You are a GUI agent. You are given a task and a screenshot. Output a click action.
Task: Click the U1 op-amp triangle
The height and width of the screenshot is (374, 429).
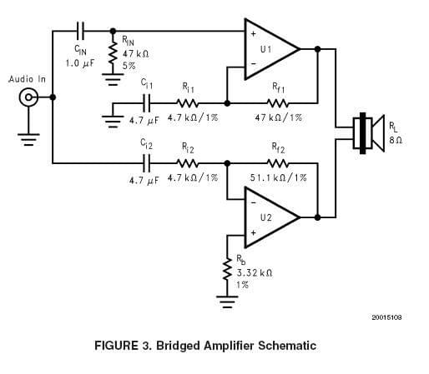(x=271, y=49)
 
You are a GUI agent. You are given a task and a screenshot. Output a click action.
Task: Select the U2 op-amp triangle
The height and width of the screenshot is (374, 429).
(x=271, y=217)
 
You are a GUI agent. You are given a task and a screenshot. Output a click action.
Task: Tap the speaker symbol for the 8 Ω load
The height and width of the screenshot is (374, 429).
(x=369, y=133)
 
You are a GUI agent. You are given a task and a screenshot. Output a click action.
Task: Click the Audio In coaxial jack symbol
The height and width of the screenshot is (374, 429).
(x=28, y=97)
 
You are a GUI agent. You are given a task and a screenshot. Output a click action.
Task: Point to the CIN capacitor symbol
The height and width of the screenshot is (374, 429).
(x=81, y=31)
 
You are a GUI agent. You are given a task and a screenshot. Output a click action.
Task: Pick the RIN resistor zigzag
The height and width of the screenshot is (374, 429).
(x=113, y=52)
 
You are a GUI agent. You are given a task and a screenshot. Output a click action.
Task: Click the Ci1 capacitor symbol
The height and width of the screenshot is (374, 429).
(x=146, y=103)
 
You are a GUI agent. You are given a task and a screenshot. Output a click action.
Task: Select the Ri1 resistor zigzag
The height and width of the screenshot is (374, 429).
(x=188, y=103)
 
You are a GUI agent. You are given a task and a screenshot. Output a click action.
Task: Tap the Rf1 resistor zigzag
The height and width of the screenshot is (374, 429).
(x=278, y=103)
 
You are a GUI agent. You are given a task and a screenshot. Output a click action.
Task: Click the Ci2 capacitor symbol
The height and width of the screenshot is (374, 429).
(x=146, y=163)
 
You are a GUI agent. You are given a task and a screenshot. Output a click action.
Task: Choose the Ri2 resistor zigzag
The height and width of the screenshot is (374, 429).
(x=188, y=163)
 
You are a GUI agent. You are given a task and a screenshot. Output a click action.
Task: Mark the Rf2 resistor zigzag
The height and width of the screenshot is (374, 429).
(x=278, y=163)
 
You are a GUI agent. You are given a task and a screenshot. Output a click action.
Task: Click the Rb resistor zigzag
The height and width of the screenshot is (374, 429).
(x=227, y=269)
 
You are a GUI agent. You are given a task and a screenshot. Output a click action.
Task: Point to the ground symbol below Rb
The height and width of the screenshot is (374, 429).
(x=227, y=302)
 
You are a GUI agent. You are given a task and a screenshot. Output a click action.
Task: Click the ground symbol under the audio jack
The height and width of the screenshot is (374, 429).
(x=28, y=139)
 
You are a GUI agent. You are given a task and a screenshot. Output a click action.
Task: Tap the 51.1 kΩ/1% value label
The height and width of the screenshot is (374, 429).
(x=278, y=177)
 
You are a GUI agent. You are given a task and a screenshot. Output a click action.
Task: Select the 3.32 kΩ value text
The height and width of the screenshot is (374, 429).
(x=255, y=273)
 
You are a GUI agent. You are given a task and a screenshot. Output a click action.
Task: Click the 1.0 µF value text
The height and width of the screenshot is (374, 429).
(x=80, y=63)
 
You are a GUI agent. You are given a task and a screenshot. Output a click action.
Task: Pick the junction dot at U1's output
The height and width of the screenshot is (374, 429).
(x=317, y=49)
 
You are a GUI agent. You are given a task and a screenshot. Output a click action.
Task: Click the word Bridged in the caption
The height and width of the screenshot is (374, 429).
(x=178, y=346)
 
